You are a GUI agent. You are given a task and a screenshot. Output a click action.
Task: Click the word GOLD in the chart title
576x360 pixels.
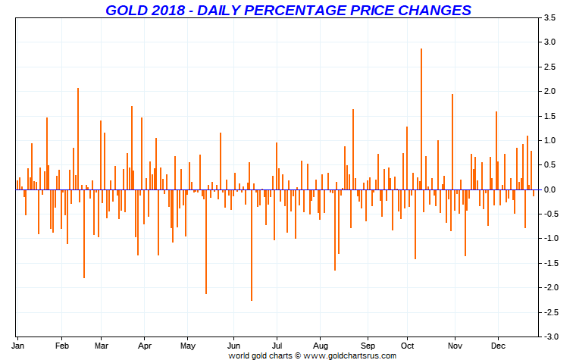pyautogui.click(x=125, y=10)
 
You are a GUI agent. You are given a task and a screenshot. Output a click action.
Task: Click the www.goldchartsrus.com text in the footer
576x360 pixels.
pyautogui.click(x=350, y=354)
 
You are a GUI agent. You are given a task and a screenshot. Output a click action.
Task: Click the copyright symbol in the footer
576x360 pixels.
pyautogui.click(x=298, y=354)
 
